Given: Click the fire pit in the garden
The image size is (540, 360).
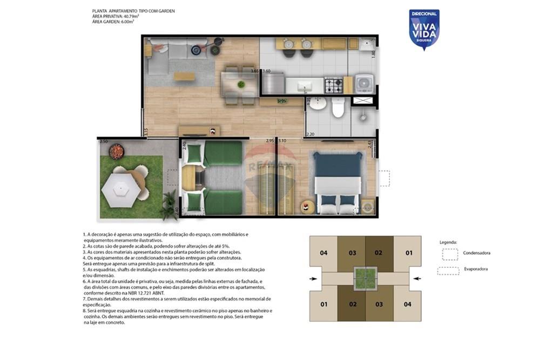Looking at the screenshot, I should pos(116,152).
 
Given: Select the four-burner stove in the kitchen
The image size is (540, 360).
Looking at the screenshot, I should pos(333,85).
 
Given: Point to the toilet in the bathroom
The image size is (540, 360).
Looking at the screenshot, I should pos(339,108).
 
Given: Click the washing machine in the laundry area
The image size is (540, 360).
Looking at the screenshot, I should pos(364,83).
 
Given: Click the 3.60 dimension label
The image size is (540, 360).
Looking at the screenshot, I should pos(266,71).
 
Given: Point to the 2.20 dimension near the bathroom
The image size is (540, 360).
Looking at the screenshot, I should pos(310,134).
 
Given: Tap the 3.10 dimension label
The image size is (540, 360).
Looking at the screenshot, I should pos(282,141).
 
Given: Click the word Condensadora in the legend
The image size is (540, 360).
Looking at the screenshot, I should pos(477,253).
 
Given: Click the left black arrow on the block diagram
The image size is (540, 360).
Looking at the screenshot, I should pos(314,279).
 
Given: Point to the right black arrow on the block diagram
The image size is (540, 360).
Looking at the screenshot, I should pos(417,279).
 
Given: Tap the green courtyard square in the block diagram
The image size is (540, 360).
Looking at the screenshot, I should pos(365,278).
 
